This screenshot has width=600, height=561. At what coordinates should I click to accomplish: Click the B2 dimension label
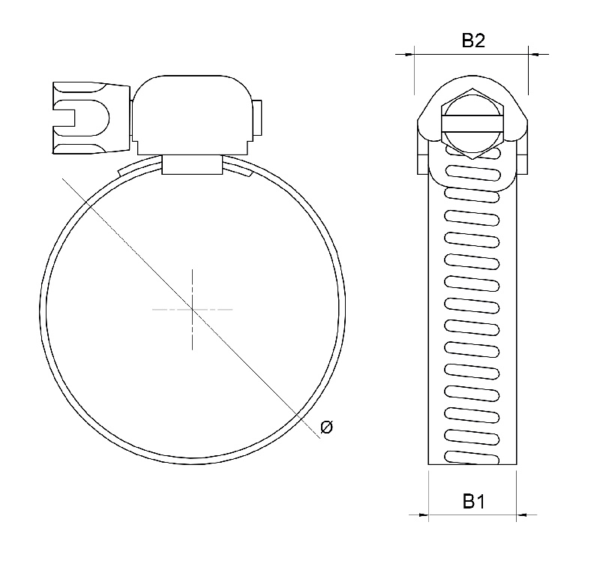click(472, 41)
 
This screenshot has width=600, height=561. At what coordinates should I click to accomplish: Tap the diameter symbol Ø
click(326, 427)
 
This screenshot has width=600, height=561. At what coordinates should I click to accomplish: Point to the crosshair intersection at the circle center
click(193, 308)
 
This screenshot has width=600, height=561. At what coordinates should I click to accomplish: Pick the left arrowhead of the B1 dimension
click(423, 514)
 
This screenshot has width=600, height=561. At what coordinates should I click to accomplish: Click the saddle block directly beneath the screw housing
click(192, 165)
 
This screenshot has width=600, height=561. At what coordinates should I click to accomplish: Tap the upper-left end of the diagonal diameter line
click(64, 180)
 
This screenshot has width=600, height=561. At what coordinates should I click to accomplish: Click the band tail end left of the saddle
click(124, 173)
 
